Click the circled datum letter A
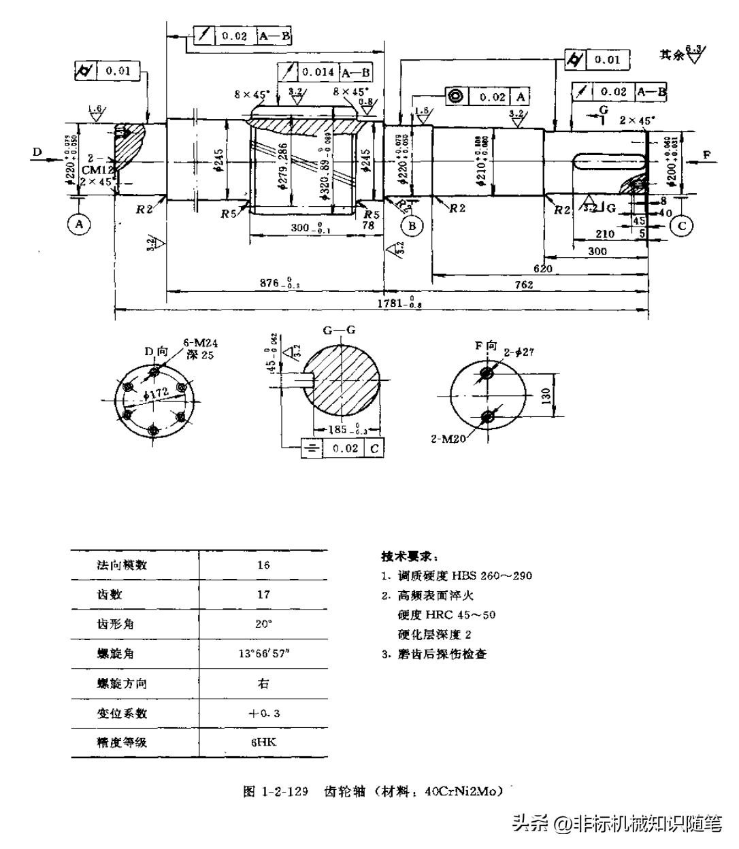click(x=80, y=224)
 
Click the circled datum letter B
click(x=412, y=225)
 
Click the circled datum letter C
click(x=681, y=225)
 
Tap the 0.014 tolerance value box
click(x=318, y=72)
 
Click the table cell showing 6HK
click(x=263, y=742)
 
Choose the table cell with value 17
click(x=263, y=595)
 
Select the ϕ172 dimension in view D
click(x=157, y=393)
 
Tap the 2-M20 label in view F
click(x=448, y=439)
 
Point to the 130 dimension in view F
click(x=546, y=396)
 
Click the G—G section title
click(x=339, y=331)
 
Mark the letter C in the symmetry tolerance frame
click(x=374, y=448)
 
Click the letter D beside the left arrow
click(x=37, y=152)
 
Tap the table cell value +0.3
click(x=264, y=713)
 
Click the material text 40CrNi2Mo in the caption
click(x=463, y=791)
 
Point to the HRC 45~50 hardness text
click(x=447, y=615)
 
